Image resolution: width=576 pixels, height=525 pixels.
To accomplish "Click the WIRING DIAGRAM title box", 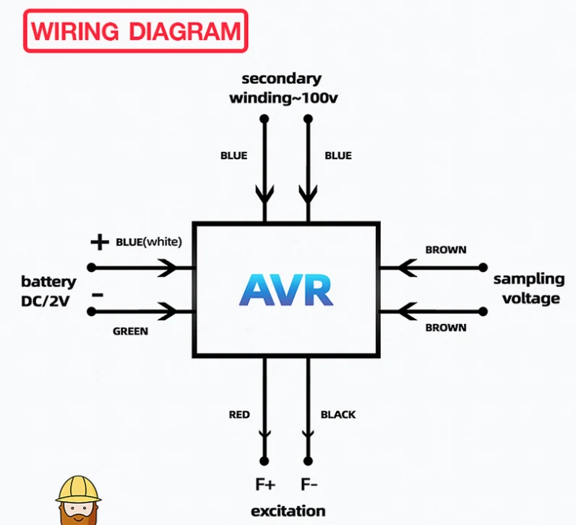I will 136,31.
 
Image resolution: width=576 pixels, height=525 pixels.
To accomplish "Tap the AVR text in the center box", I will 286,291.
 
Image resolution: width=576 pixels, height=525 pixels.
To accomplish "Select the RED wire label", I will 239,414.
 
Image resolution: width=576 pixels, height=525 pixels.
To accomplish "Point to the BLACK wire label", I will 338,414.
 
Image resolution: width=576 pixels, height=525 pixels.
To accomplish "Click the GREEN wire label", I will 130,331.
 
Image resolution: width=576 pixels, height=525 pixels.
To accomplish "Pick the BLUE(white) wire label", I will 149,242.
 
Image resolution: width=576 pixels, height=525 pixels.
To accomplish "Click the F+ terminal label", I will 265,484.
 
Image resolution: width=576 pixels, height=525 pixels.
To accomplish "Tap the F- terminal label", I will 309,484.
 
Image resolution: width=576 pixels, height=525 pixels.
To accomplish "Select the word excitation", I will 288,511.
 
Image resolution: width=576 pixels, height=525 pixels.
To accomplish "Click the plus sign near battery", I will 99,242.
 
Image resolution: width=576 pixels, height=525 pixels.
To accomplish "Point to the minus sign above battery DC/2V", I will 98,295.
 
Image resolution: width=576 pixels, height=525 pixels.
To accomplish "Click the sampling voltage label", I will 528,289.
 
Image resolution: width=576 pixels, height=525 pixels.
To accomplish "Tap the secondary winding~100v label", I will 283,88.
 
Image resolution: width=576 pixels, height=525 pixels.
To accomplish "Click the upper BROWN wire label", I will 445,250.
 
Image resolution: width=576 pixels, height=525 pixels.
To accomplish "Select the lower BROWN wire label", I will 445,328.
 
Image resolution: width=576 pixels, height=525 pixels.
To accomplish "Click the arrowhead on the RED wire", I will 265,433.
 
